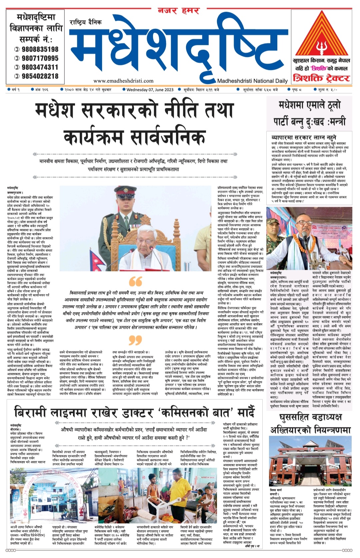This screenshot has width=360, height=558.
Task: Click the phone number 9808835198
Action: (x=40, y=49)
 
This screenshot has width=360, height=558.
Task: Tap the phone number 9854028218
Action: (x=40, y=76)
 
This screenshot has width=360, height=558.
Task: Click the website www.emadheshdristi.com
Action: (x=123, y=81)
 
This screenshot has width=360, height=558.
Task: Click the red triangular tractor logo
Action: (x=321, y=37)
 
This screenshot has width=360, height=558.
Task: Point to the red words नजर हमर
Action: (x=178, y=11)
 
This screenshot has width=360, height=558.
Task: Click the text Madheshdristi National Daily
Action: (x=252, y=81)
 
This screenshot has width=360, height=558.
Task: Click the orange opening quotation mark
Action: (x=135, y=281)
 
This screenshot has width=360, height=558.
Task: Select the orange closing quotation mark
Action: (x=135, y=340)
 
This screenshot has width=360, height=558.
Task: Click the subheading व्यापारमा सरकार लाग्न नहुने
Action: (x=304, y=137)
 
